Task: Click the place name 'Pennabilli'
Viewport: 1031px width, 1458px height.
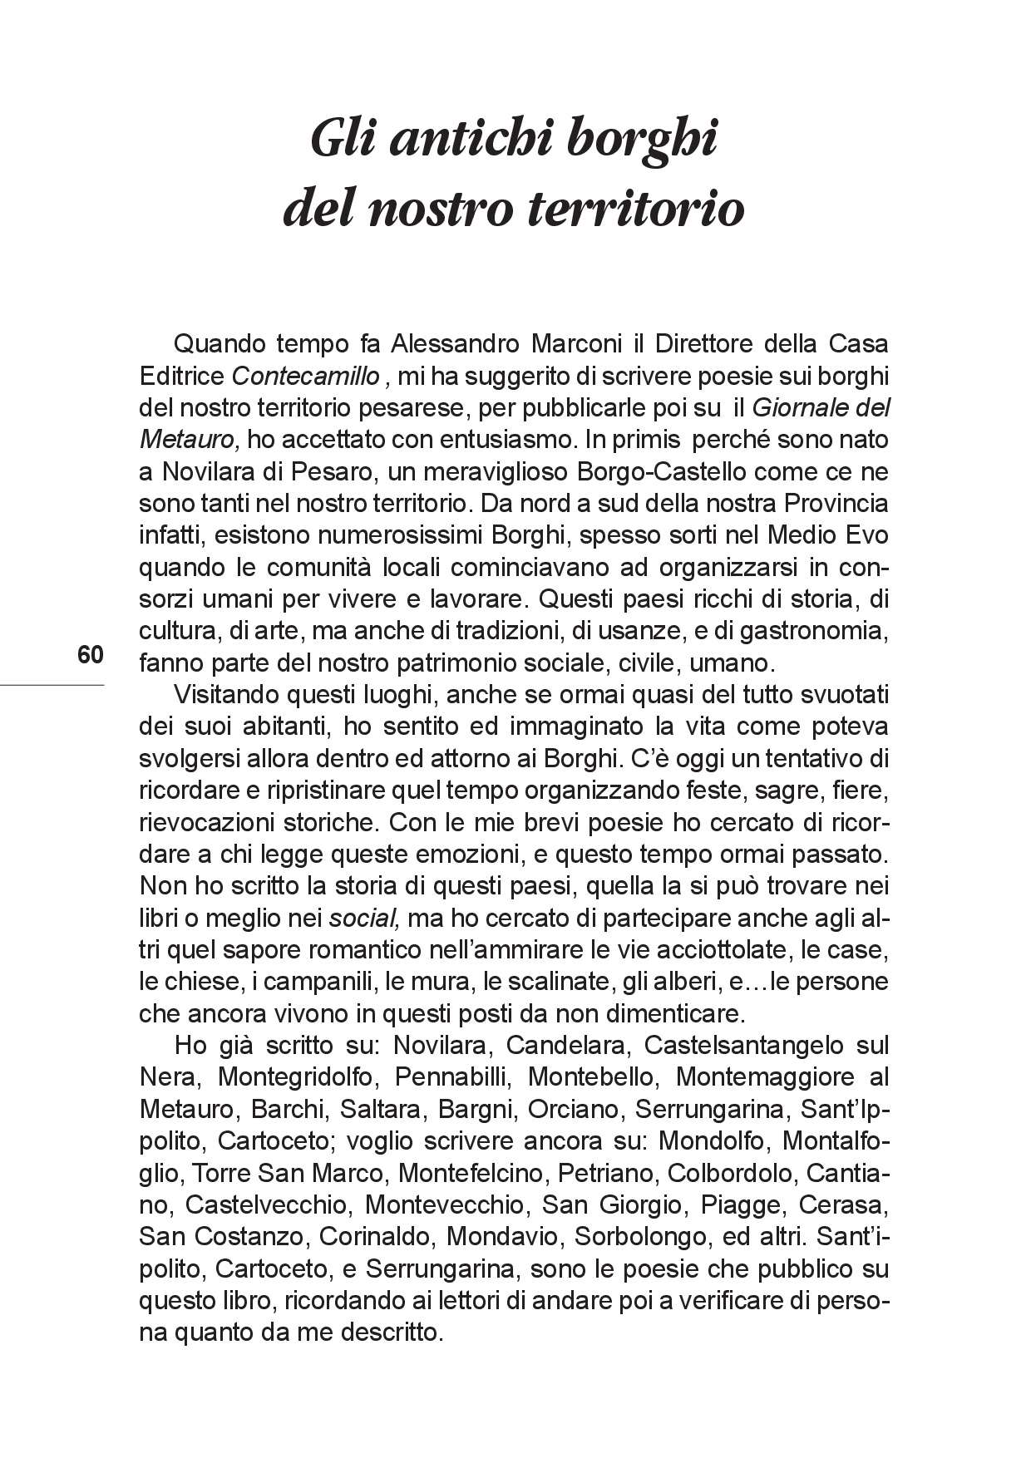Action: click(450, 1077)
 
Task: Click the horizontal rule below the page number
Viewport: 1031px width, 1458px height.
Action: click(52, 685)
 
